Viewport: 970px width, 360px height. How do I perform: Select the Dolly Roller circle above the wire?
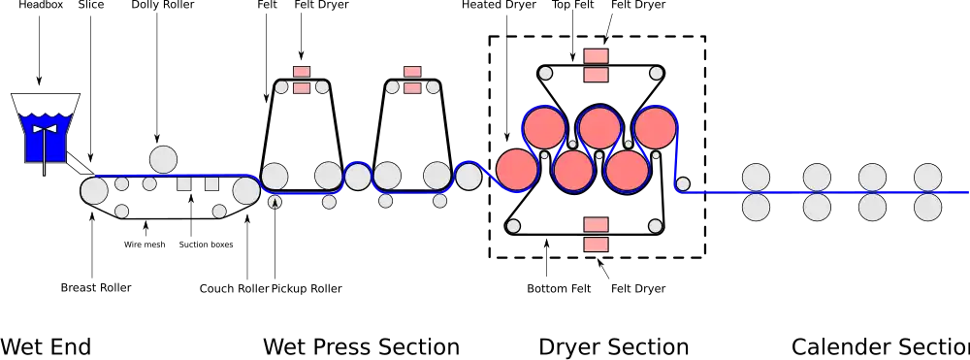point(163,159)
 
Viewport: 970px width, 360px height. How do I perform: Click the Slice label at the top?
point(91,5)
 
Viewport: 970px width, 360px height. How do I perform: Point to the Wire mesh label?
point(145,245)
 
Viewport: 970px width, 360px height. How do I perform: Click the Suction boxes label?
point(206,245)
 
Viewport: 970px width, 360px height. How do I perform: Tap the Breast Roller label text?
point(96,287)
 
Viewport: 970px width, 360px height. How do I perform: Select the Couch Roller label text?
point(235,289)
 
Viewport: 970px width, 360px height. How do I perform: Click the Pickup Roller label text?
point(307,289)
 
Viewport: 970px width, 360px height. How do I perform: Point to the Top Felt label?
point(573,5)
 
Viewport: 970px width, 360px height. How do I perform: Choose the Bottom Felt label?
point(560,289)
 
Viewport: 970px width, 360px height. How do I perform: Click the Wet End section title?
point(46,346)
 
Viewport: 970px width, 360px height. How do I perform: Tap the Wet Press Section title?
point(361,346)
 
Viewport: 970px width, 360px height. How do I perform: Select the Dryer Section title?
point(614,346)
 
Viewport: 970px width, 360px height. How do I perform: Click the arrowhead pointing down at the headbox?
point(39,81)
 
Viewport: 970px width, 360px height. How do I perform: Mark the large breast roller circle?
point(94,190)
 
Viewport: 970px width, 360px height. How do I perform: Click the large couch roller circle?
point(246,190)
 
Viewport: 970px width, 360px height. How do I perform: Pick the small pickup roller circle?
point(275,201)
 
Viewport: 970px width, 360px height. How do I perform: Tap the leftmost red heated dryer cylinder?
point(517,169)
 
